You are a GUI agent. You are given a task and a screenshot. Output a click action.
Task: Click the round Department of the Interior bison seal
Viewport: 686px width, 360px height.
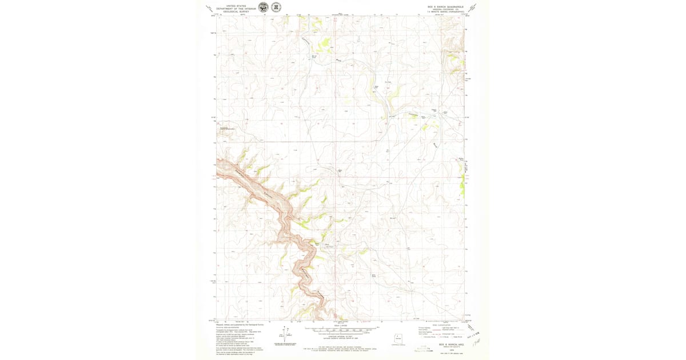[x=263, y=7]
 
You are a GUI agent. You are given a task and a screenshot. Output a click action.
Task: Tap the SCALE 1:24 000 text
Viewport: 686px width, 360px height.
[x=341, y=326]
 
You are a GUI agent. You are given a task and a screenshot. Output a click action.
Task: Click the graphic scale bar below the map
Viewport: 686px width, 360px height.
[x=341, y=330]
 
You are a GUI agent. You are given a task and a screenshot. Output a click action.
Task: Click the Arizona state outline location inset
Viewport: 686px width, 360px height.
[x=398, y=338]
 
